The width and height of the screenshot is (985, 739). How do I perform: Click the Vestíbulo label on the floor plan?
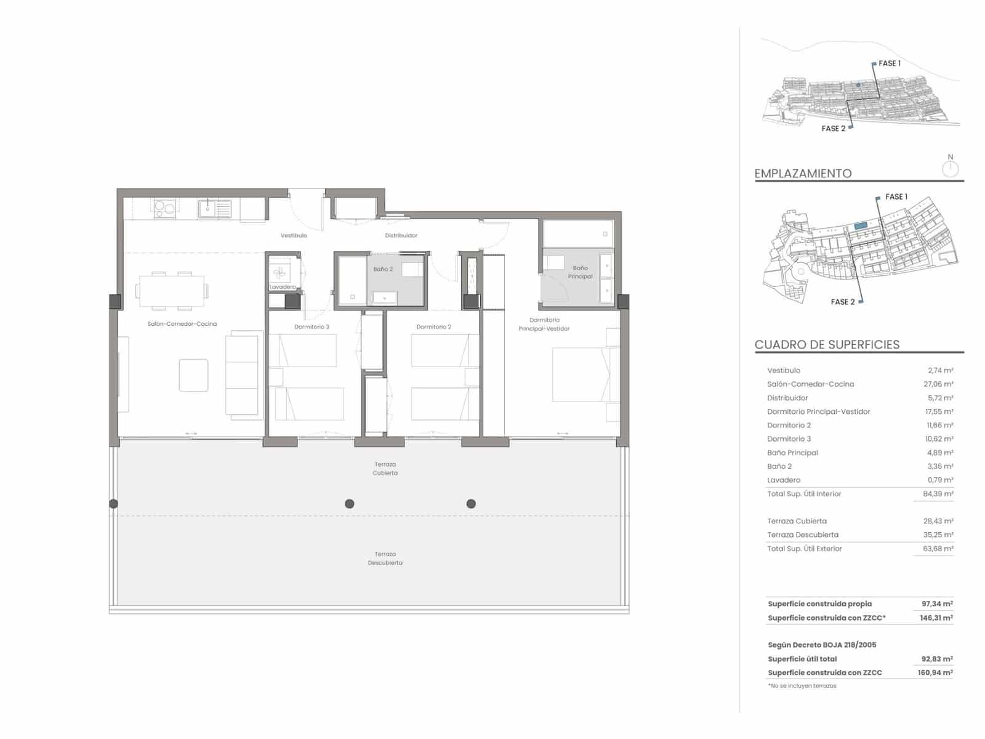click(x=294, y=235)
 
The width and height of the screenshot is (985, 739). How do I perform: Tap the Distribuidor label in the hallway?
click(x=401, y=235)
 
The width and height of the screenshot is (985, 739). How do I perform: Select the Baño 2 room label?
click(x=382, y=269)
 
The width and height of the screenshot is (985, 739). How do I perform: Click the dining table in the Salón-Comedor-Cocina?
click(x=172, y=291)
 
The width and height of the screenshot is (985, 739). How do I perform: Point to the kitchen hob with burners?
click(x=165, y=209)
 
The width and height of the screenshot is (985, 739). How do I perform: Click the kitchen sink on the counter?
click(x=214, y=209)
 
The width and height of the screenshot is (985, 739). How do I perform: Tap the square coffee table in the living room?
click(x=193, y=375)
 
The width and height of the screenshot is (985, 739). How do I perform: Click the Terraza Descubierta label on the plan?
click(x=385, y=558)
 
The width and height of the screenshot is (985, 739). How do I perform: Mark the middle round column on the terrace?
click(x=350, y=504)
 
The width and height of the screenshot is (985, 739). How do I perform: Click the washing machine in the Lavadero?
click(x=279, y=272)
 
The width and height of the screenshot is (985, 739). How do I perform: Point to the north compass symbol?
click(x=951, y=168)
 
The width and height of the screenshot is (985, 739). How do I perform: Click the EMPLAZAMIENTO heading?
click(x=803, y=174)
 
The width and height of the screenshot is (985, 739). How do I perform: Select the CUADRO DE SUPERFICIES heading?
click(x=827, y=345)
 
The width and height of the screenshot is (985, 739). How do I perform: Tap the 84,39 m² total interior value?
click(x=938, y=493)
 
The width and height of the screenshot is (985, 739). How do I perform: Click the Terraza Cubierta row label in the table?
click(x=797, y=521)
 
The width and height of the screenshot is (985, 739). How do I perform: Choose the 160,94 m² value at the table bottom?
click(x=935, y=672)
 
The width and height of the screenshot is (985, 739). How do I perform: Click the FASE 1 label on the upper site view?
click(x=889, y=63)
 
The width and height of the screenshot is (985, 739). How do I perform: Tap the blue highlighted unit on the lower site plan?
click(x=861, y=227)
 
